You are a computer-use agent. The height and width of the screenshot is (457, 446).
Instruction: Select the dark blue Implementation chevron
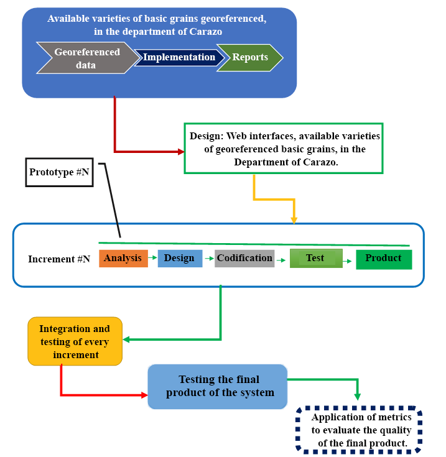[x=179, y=57]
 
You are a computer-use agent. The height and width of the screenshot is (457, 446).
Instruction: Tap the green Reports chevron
[x=249, y=57]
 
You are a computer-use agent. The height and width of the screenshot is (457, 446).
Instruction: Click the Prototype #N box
[x=60, y=172]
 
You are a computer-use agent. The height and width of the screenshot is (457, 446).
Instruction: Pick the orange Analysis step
[x=123, y=258]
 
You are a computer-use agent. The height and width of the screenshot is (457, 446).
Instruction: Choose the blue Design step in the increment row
[x=179, y=258]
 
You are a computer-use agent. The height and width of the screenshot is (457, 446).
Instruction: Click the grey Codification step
[x=244, y=258]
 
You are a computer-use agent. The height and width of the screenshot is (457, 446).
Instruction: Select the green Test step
[x=315, y=258]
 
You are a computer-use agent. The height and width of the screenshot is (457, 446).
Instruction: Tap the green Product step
[x=383, y=259]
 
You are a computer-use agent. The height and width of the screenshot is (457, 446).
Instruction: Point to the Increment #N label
[x=58, y=259]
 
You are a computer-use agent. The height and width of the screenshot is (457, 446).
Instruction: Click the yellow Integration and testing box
[x=75, y=341]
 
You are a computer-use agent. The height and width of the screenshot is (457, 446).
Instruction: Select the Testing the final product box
[x=217, y=385]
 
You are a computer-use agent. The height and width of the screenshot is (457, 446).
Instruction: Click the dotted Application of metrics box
[x=359, y=430]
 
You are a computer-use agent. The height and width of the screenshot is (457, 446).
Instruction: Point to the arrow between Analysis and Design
[x=152, y=257]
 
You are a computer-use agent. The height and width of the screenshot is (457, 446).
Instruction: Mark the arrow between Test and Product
[x=349, y=262]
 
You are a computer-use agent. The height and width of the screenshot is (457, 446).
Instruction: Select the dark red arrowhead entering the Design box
[x=182, y=151]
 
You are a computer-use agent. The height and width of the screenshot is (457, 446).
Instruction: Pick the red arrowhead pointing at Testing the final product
[x=145, y=395]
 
